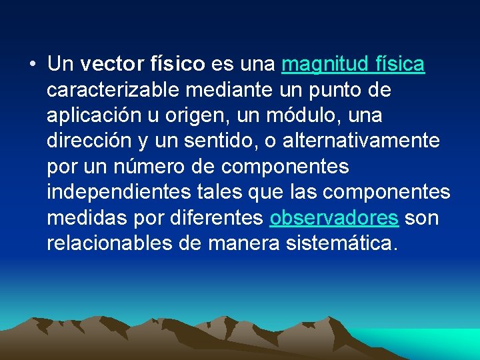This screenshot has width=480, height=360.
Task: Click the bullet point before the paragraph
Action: coord(33,65)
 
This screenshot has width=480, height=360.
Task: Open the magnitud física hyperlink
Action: coord(353,65)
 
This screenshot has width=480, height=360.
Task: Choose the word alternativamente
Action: coord(361,141)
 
